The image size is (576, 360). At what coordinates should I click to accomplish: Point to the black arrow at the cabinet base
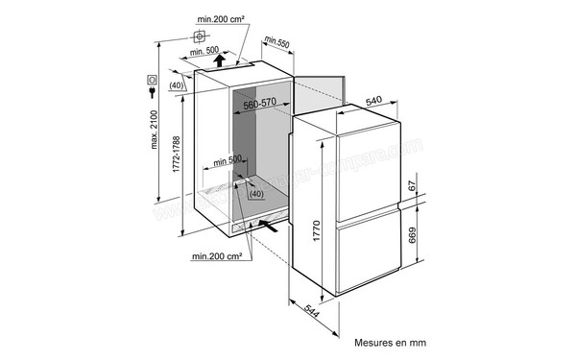coord(274,228)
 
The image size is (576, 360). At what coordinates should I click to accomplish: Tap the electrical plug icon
coord(152,94)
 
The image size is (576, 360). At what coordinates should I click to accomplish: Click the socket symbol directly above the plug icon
coord(152,80)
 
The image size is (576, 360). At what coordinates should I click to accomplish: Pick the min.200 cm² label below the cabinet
coord(215,256)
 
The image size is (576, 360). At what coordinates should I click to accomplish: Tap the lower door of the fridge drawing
coord(370,254)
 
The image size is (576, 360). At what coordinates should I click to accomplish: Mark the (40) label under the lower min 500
coord(255,194)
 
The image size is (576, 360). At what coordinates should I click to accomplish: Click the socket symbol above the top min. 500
coord(201,37)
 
